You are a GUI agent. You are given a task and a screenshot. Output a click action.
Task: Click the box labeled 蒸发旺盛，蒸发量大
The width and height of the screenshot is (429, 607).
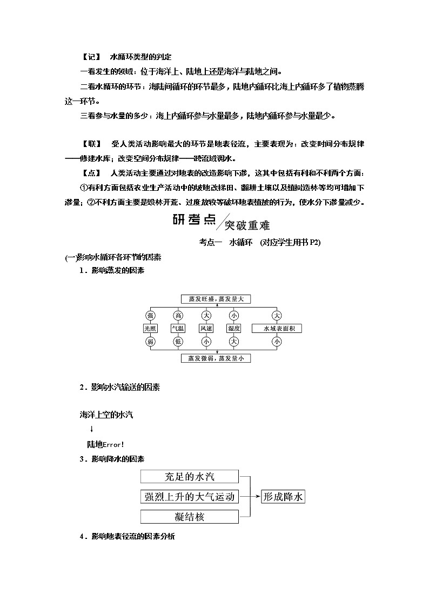point(216,299)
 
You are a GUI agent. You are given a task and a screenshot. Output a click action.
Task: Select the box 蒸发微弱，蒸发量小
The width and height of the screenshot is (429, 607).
point(216,358)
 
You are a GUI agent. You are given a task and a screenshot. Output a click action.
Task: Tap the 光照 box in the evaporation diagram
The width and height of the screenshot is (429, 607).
point(150,328)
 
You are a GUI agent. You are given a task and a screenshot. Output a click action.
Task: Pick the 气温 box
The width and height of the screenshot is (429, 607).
point(178,328)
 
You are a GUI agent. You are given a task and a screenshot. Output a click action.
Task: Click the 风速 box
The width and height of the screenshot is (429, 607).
point(206,328)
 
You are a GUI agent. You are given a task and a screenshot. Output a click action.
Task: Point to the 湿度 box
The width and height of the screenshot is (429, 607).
point(233,328)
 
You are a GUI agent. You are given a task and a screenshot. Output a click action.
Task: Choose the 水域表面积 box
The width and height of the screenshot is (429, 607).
point(277,328)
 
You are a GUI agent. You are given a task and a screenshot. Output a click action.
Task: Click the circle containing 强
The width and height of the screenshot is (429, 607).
point(150,315)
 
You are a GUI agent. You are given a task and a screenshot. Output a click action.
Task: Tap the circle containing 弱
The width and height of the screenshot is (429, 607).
point(150,341)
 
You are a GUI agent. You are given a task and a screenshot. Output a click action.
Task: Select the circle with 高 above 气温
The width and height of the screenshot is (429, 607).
point(178,315)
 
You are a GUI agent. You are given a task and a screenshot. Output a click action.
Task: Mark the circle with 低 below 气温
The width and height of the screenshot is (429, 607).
point(178,341)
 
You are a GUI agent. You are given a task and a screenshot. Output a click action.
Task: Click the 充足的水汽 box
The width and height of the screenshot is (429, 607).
point(189,476)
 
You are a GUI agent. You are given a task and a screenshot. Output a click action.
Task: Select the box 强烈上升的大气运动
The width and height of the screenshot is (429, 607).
point(189,497)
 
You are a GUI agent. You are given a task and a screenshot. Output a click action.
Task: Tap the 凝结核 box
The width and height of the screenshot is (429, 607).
point(189,517)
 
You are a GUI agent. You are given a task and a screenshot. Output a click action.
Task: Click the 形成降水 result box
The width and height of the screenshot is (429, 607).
point(283,497)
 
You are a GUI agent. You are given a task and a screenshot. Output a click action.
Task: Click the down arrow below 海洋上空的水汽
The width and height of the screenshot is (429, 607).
point(92,429)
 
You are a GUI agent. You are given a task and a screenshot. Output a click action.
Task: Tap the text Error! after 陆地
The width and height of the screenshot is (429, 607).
point(113,445)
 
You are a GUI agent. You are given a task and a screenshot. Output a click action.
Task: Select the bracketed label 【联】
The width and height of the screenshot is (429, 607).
point(90,144)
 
